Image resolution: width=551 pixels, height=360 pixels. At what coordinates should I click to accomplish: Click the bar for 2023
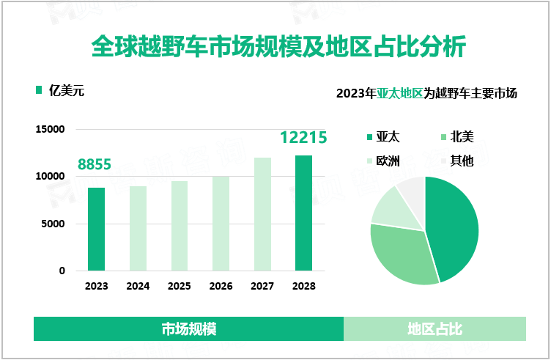pos(96,229)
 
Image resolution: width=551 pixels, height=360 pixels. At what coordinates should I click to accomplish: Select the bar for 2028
pos(303,213)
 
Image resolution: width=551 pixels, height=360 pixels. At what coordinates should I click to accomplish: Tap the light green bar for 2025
pos(179,226)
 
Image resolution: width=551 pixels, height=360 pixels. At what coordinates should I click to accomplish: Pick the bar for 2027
pos(262,214)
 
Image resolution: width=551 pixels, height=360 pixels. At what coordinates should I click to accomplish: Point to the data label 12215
pos(303,138)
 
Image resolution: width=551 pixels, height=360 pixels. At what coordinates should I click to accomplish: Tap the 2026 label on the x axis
pos(221,286)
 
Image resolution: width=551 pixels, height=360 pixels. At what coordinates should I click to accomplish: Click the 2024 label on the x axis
pos(137,286)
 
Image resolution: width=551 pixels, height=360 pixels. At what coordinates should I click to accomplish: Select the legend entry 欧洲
pos(388,161)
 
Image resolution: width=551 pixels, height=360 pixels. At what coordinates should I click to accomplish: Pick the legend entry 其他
pos(462,161)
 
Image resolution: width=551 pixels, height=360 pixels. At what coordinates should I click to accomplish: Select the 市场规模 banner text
pos(188,328)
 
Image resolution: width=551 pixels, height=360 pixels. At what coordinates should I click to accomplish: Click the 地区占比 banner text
pos(434,328)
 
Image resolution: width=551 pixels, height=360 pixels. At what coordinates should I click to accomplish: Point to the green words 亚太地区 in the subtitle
pos(400,94)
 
